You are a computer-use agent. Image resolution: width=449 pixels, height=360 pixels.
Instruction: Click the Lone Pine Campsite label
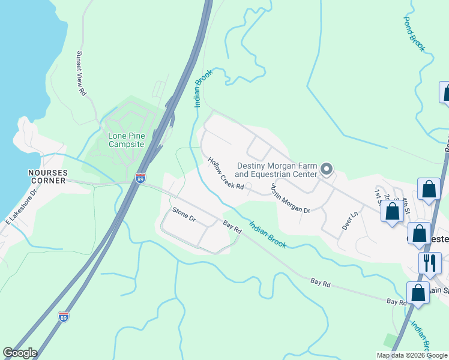[x=126, y=140]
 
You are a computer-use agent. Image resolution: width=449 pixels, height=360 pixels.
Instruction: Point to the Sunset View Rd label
[x=80, y=73]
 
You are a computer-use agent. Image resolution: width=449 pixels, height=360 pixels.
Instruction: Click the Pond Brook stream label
[x=414, y=32]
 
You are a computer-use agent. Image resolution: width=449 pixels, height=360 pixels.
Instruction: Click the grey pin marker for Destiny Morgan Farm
[x=326, y=169]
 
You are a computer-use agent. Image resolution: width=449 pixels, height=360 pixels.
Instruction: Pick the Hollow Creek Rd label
[x=226, y=174]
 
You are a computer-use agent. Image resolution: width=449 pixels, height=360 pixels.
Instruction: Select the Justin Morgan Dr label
[x=290, y=199]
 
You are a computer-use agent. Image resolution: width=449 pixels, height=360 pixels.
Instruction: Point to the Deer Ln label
[x=349, y=221]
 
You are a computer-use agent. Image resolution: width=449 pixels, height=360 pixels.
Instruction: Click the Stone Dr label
[x=184, y=214]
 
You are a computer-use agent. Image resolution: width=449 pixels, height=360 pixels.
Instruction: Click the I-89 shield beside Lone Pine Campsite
[x=140, y=178]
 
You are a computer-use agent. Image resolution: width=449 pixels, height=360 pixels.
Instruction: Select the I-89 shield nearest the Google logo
[x=64, y=316]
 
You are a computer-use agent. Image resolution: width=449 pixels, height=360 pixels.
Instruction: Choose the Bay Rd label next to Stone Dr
[x=232, y=227]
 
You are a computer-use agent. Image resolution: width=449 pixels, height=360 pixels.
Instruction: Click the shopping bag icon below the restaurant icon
[x=417, y=294]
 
